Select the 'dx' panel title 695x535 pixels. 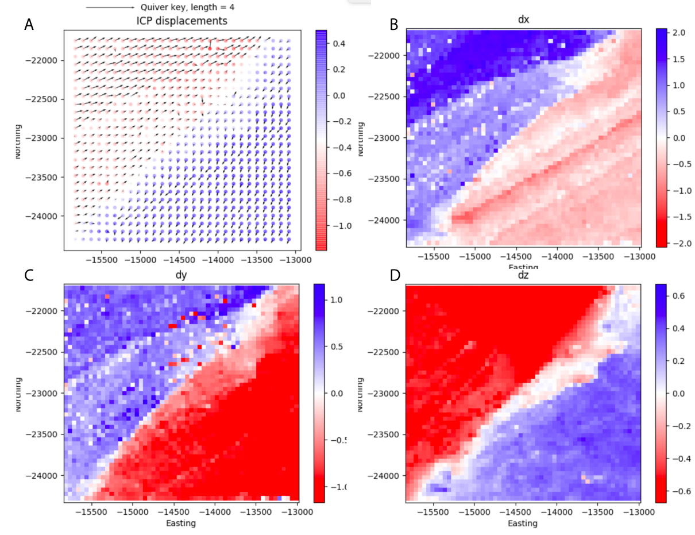coord(523,20)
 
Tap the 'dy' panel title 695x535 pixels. coord(182,275)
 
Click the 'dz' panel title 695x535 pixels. coord(523,275)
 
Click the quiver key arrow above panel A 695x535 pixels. coord(110,7)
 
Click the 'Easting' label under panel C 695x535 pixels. coord(181,523)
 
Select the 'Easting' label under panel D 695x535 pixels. coord(523,523)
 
